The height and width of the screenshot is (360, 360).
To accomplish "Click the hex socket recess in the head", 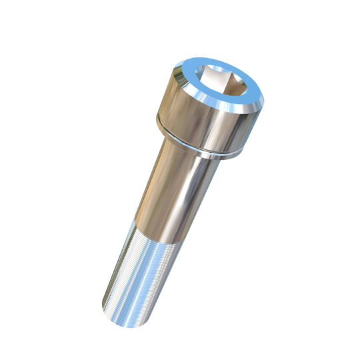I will (220, 85).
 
